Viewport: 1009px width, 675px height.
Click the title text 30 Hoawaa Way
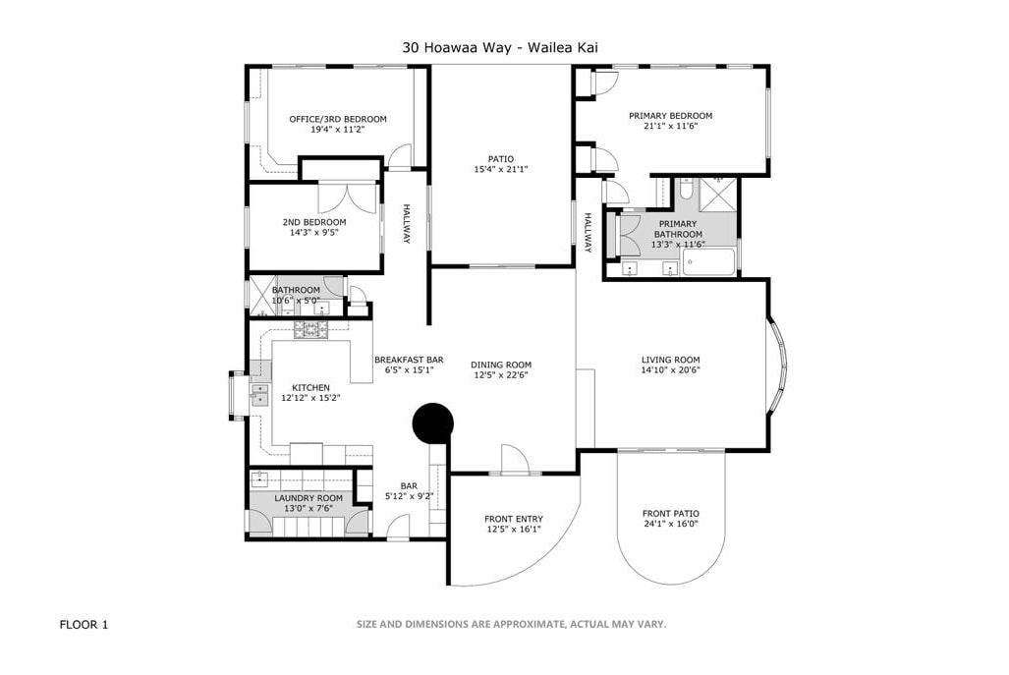tap(457, 47)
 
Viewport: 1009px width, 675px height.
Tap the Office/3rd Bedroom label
tap(338, 119)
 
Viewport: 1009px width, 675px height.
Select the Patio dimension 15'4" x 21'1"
tap(501, 169)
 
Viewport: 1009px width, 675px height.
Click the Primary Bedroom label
tap(670, 116)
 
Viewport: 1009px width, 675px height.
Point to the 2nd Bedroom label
tap(314, 222)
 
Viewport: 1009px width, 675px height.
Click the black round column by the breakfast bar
tap(433, 423)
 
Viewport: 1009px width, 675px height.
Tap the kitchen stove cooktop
tap(311, 329)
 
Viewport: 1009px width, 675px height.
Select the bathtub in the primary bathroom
tap(708, 262)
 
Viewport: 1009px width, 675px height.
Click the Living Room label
tap(670, 360)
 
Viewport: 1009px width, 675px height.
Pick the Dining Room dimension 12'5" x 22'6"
tap(501, 375)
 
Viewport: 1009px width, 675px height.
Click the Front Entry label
tap(514, 519)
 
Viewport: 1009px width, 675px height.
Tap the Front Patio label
tap(670, 514)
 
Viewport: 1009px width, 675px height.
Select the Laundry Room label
tap(308, 498)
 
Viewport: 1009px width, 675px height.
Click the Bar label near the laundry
tap(409, 485)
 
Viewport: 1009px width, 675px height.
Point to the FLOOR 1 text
tap(84, 624)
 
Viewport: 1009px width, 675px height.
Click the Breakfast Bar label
tap(409, 360)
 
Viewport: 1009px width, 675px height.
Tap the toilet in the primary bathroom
tap(686, 191)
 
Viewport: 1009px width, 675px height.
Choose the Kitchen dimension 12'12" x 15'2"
tap(310, 398)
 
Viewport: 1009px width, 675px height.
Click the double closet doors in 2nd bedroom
tap(348, 197)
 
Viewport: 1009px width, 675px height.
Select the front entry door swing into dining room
tap(515, 460)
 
